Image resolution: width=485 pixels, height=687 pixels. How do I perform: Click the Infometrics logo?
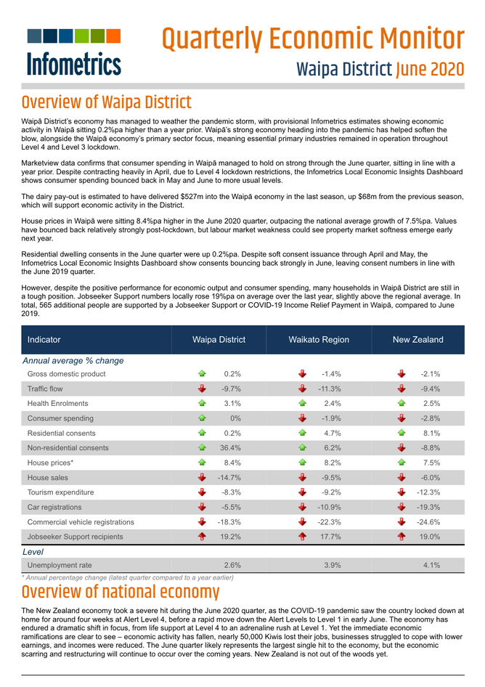[x=73, y=52]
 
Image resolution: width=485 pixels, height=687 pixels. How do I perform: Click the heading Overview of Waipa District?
[x=107, y=102]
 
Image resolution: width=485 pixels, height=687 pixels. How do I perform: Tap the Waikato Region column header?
[x=319, y=340]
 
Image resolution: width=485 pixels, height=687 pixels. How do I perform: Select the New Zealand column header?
[x=417, y=340]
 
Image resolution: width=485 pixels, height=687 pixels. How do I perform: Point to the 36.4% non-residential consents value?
[x=230, y=448]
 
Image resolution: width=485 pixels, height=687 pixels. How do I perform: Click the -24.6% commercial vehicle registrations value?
[x=428, y=522]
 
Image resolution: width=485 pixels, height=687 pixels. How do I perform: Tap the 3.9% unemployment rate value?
[x=331, y=564]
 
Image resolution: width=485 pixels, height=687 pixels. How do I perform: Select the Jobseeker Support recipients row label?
[x=76, y=537]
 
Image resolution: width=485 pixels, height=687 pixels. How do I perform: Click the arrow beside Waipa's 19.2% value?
[x=203, y=537]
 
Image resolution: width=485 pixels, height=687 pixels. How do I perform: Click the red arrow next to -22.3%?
[x=303, y=522]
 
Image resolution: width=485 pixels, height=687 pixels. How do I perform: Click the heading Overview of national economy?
[x=121, y=592]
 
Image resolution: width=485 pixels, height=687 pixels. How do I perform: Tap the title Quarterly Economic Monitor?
[x=312, y=38]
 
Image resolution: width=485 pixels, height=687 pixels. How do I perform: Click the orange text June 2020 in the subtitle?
[x=430, y=70]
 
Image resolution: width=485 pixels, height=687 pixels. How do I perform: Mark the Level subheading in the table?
[x=34, y=552]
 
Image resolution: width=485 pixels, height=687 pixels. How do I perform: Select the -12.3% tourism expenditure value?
[x=428, y=492]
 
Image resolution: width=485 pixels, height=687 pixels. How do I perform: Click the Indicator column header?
[x=44, y=340]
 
